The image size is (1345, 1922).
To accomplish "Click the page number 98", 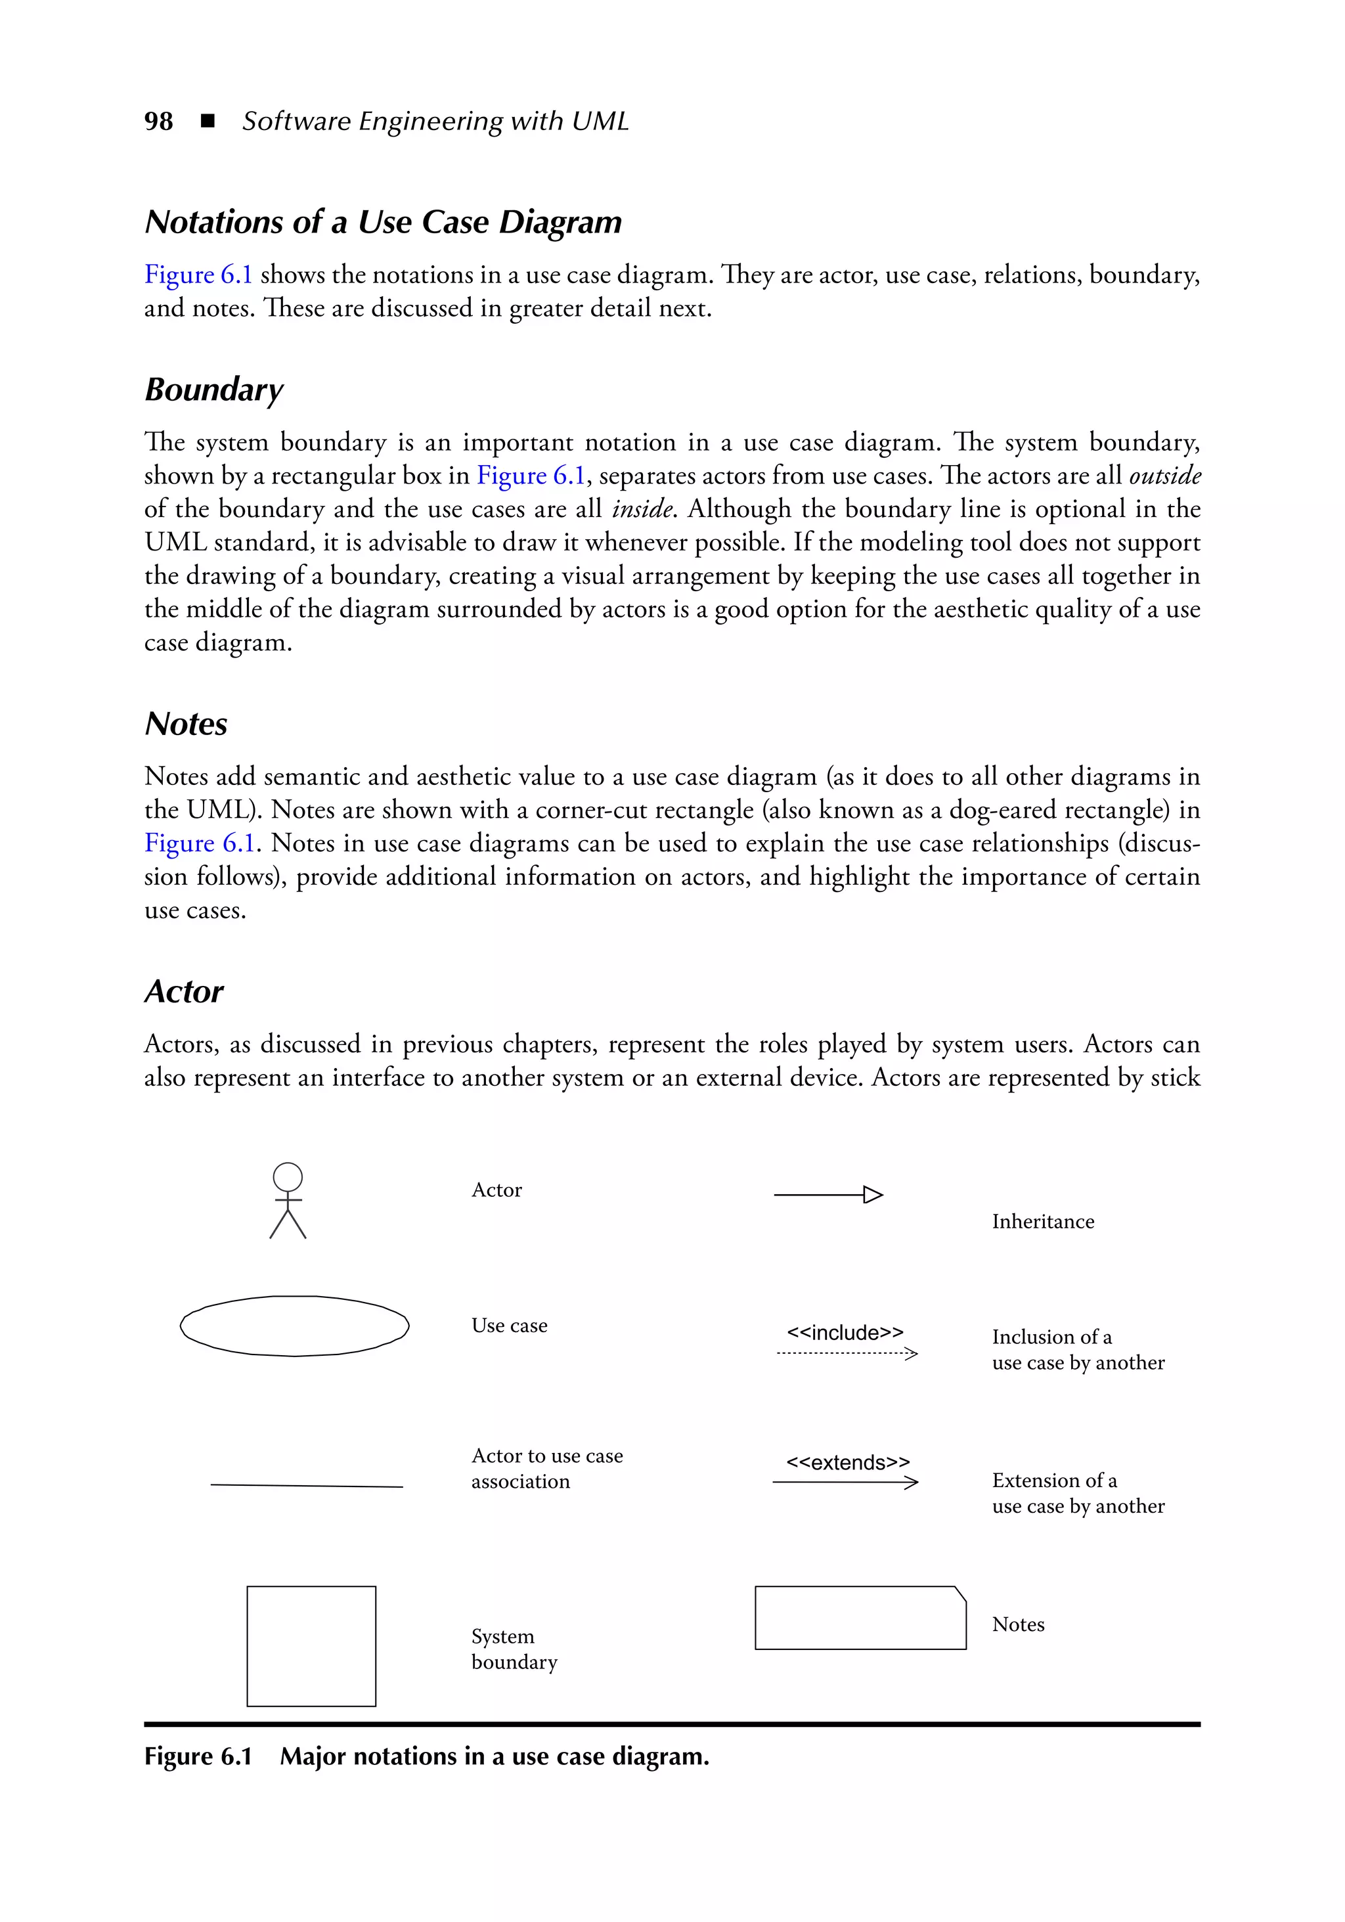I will [x=158, y=122].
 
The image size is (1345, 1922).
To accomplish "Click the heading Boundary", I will [x=214, y=390].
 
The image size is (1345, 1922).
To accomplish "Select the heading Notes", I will [x=186, y=724].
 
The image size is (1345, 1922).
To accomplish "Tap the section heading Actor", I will [x=184, y=992].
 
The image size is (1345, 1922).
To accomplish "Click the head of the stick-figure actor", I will [x=288, y=1176].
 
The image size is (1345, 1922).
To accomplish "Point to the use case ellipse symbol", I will [x=295, y=1326].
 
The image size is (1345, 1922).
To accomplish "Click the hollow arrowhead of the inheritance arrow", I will [x=873, y=1195].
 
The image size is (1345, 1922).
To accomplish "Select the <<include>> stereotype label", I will [x=845, y=1333].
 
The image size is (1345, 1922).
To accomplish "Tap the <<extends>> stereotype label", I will [x=847, y=1462].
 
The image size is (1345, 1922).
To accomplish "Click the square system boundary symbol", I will [x=311, y=1645].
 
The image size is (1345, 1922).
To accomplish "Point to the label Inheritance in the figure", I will [x=1043, y=1222].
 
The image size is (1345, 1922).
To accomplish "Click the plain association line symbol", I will [x=306, y=1486].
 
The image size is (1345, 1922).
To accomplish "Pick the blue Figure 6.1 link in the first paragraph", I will [x=198, y=275].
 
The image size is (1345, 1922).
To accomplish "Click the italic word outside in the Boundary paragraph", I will [x=1164, y=476].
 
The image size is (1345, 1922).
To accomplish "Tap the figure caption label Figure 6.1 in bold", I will [x=198, y=1756].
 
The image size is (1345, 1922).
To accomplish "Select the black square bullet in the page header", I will [x=208, y=122].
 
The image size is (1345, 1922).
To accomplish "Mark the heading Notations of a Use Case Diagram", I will [x=384, y=223].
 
